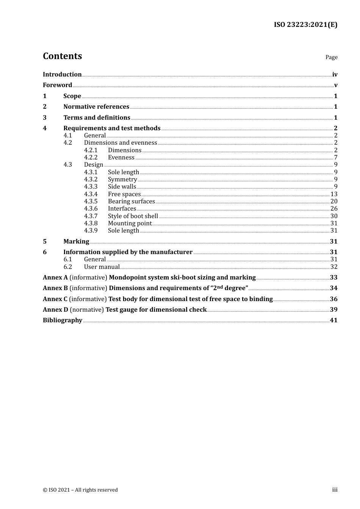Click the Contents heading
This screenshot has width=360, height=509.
coord(62,56)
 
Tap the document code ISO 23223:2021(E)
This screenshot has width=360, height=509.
coord(305,25)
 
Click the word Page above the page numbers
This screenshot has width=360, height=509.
coord(331,57)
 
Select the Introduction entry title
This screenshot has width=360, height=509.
coord(62,75)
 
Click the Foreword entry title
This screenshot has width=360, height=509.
coord(57,85)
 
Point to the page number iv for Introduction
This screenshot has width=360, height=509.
coord(335,75)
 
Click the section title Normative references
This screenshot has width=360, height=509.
coord(96,107)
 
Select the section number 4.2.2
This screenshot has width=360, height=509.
coord(91,158)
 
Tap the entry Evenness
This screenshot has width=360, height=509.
coord(121,158)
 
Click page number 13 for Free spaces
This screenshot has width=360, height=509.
coord(334,194)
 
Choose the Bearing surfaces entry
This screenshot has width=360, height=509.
coord(131,201)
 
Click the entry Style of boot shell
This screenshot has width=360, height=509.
coord(133,216)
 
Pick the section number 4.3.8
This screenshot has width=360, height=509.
coord(91,223)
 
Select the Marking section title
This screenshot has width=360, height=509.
coord(76,242)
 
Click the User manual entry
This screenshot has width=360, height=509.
coord(102,267)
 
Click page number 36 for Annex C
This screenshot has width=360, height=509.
coord(333,299)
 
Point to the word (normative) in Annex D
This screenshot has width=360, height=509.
coord(87,310)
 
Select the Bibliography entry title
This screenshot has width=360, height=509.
coord(63,320)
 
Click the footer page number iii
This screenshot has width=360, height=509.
coord(335,490)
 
